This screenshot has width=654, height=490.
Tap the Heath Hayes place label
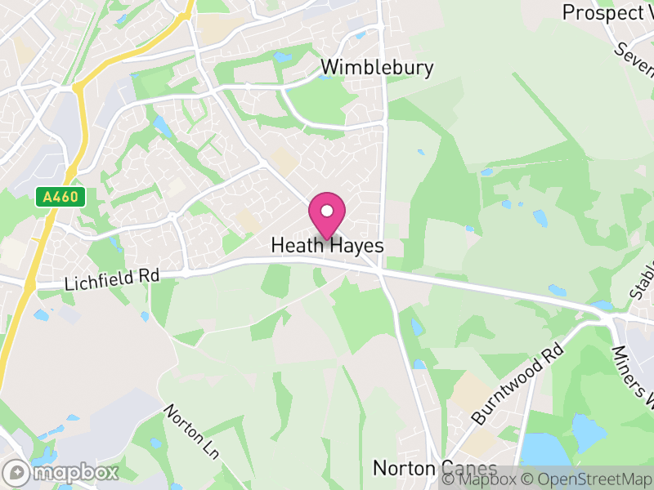tap(327, 245)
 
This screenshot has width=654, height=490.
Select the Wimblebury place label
tap(377, 67)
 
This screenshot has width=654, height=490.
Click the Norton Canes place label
tap(434, 468)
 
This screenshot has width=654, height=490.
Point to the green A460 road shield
tap(60, 196)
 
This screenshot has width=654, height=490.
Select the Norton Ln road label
tap(192, 431)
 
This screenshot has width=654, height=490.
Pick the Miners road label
tap(634, 376)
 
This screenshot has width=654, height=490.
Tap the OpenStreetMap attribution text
tap(591, 479)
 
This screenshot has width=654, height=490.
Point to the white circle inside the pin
tap(327, 211)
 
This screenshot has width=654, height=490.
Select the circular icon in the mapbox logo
tap(16, 472)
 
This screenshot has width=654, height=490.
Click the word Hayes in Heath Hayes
tap(356, 245)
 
